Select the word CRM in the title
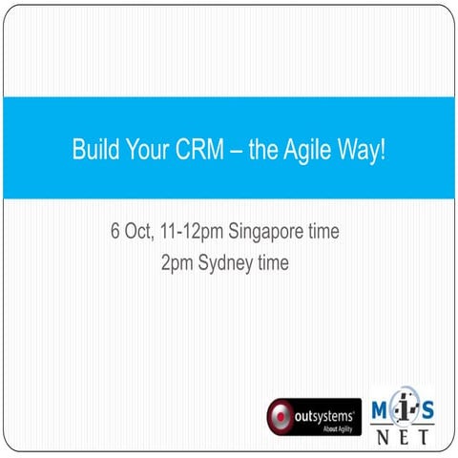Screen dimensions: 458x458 pos(198,150)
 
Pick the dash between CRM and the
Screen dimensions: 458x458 pos(234,151)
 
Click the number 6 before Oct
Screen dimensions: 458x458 pos(115,232)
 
